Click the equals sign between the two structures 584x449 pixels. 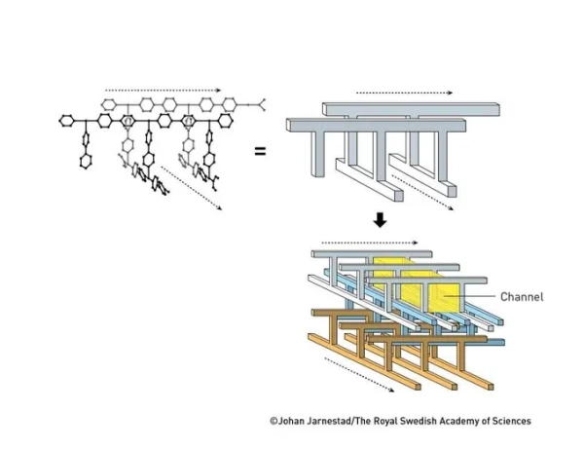coord(261,151)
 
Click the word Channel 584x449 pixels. coord(521,296)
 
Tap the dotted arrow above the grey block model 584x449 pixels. coord(405,94)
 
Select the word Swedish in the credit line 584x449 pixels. coord(437,421)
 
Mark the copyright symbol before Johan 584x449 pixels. coord(274,421)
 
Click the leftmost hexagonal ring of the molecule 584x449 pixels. coord(66,121)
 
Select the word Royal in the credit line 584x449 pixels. coord(401,421)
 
